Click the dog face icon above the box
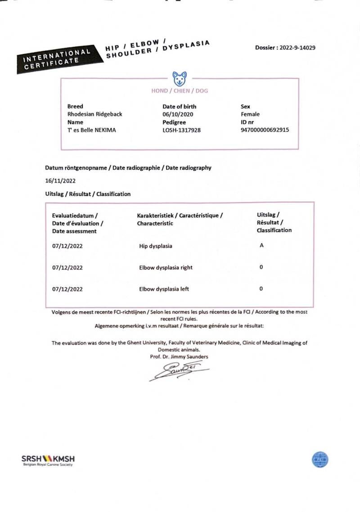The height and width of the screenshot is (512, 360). point(180,78)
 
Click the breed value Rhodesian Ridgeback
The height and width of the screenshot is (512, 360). point(94,114)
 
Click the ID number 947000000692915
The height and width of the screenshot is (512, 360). point(265,130)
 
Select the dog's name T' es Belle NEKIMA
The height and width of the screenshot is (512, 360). point(91,130)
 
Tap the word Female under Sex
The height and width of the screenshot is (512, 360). point(250,114)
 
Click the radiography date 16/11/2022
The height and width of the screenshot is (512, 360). point(60,181)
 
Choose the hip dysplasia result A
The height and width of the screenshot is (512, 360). point(261,246)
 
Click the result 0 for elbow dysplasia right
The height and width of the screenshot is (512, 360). point(261,267)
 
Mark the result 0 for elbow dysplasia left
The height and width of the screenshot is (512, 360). point(261,288)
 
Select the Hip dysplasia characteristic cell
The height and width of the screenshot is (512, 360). point(156,246)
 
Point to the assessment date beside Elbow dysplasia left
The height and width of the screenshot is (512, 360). point(67,289)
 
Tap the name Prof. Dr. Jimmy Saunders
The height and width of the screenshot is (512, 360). point(179,357)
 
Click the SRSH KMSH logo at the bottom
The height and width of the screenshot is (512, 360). point(48,460)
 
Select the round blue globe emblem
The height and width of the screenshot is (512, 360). point(320,459)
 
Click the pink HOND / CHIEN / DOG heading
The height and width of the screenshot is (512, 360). point(180,91)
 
